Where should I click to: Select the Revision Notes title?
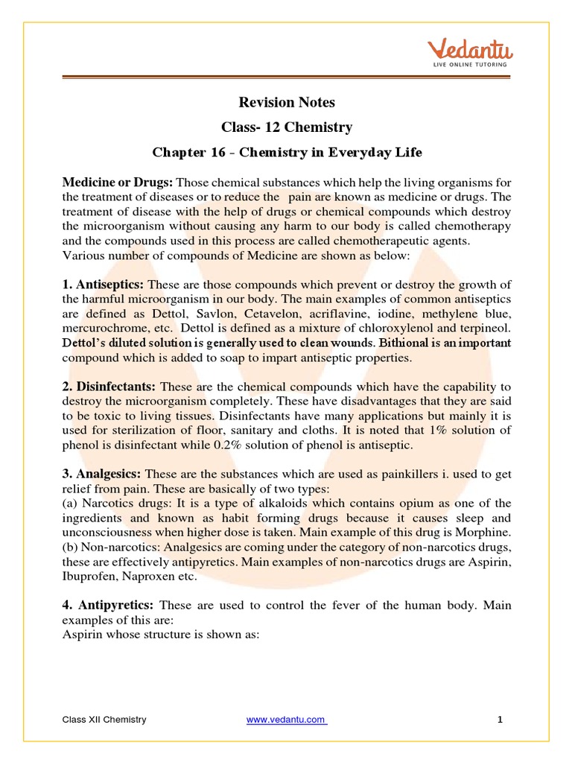point(286,102)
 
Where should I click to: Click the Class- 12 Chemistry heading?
point(286,127)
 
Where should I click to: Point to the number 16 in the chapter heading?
point(217,153)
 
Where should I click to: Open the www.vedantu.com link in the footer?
point(286,719)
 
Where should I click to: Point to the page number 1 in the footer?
point(500,719)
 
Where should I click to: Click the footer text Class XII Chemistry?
point(104,719)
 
